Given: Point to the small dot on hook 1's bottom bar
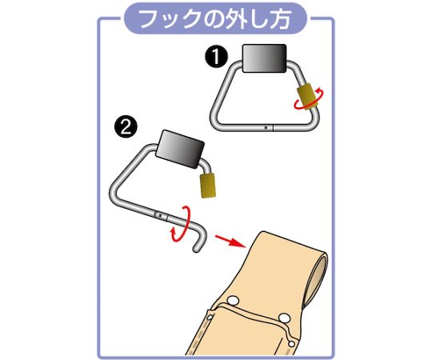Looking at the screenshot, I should (266, 126).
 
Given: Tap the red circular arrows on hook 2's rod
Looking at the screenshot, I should (181, 221).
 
